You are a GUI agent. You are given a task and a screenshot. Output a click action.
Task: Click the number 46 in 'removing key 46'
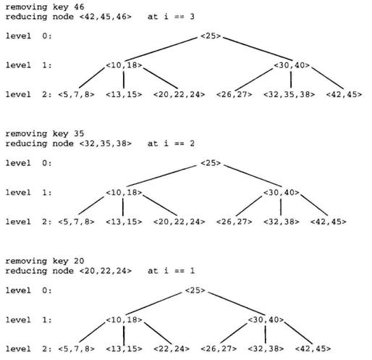(79, 7)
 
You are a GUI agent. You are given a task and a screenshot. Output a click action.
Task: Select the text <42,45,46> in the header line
(106, 17)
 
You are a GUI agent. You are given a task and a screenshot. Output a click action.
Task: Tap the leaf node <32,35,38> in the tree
(289, 94)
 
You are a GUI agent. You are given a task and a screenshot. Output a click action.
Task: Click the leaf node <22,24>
(172, 349)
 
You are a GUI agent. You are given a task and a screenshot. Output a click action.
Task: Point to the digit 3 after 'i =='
(192, 17)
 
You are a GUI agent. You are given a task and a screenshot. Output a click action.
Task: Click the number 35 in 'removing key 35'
(79, 133)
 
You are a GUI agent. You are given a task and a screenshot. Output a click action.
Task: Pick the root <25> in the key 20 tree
(195, 290)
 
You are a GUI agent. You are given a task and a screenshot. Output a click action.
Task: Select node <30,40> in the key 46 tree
(292, 65)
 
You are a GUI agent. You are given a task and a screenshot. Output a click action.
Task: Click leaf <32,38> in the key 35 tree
(281, 222)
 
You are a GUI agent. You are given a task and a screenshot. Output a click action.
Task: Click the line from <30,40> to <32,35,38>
(291, 79)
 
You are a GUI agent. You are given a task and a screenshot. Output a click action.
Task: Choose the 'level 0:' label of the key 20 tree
(29, 290)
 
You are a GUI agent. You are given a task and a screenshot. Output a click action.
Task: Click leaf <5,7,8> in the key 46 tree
(76, 94)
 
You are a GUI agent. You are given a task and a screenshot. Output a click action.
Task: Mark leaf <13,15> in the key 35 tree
(124, 222)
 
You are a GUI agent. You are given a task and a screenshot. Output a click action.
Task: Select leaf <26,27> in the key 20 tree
(219, 349)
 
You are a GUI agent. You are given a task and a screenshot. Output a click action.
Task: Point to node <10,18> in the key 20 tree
(124, 319)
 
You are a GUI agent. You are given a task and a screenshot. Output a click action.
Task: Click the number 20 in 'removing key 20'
(79, 261)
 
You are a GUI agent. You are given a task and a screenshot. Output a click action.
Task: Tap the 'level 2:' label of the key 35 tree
(29, 222)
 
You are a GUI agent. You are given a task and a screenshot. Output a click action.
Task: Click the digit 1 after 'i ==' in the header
(192, 271)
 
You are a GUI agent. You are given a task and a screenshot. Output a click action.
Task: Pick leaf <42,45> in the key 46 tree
(344, 94)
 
